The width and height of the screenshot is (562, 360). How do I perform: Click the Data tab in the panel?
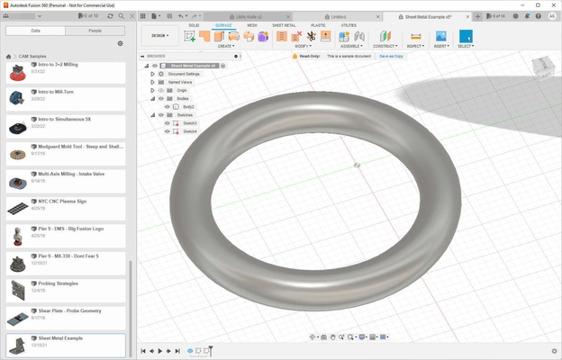pyautogui.click(x=35, y=30)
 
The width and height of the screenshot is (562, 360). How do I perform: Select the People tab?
pyautogui.click(x=95, y=30)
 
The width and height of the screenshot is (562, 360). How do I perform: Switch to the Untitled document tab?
pyautogui.click(x=338, y=16)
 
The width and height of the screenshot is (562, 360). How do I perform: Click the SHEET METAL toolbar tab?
pyautogui.click(x=284, y=25)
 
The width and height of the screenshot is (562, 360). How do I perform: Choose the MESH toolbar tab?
pyautogui.click(x=252, y=25)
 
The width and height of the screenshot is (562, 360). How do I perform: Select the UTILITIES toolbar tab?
pyautogui.click(x=349, y=25)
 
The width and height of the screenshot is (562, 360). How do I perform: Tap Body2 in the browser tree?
pyautogui.click(x=188, y=106)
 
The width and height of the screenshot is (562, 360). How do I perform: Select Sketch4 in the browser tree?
pyautogui.click(x=190, y=131)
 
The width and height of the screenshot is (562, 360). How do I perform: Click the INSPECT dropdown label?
pyautogui.click(x=414, y=45)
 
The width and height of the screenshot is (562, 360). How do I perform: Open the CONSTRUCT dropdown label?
pyautogui.click(x=385, y=45)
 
